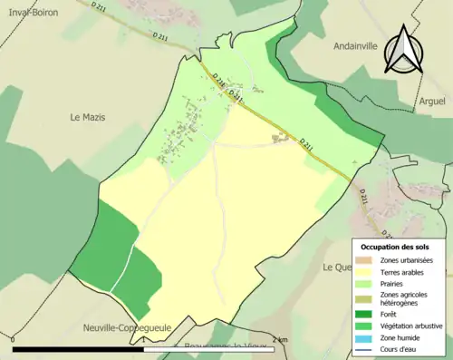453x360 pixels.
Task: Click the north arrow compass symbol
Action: (x=400, y=50)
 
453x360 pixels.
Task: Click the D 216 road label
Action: (x=218, y=84)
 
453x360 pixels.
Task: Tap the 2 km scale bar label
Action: (x=283, y=340)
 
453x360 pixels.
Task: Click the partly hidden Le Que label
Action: (x=336, y=268)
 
